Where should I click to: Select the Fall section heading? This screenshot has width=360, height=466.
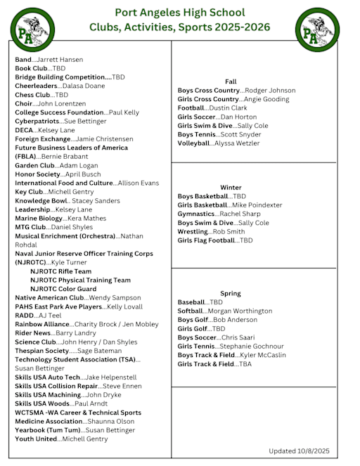point(231,82)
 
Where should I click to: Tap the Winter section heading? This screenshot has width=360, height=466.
point(231,188)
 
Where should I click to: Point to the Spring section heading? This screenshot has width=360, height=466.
point(231,293)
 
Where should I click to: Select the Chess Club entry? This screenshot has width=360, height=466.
point(41,95)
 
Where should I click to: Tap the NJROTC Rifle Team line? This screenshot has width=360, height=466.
point(60,271)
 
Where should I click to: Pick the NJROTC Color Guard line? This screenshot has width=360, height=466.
point(63,289)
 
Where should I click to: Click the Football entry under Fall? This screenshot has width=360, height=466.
point(212,108)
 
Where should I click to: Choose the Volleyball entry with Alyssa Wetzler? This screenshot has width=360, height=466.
point(218,143)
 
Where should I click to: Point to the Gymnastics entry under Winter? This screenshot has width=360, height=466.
point(219,214)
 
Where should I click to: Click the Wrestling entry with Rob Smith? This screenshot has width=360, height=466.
point(211,231)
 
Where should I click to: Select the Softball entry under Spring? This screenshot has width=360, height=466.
point(224,311)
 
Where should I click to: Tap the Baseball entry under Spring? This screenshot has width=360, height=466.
point(200,302)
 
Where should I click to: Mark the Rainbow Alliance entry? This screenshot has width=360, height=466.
point(86,324)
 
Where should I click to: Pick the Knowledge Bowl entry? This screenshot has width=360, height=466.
point(67,200)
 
